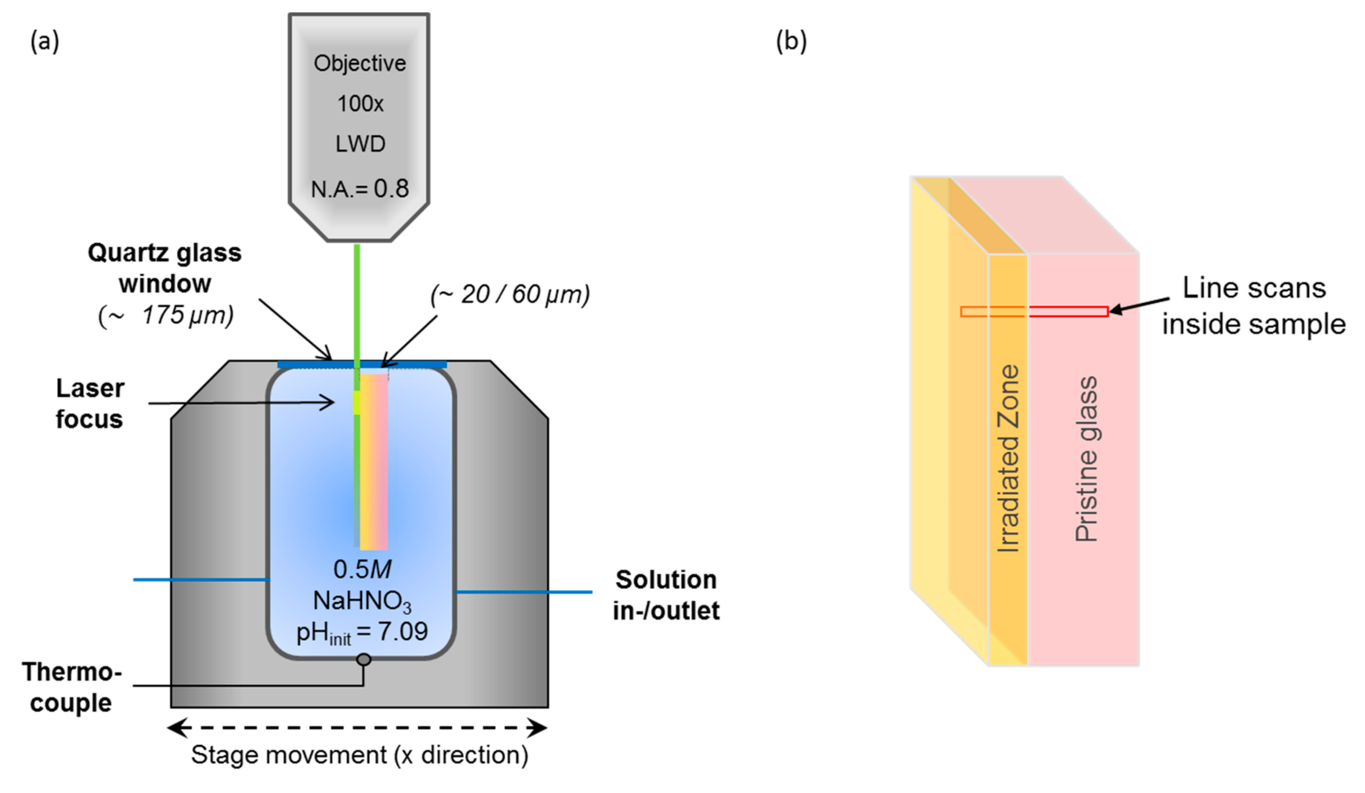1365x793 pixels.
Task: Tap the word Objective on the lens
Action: [x=360, y=63]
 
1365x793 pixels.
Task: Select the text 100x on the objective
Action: [x=360, y=104]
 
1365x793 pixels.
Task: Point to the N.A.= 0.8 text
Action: [x=360, y=189]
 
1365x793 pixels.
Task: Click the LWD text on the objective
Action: [x=360, y=144]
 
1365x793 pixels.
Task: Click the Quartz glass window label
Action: [x=165, y=268]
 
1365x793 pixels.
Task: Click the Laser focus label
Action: [x=90, y=404]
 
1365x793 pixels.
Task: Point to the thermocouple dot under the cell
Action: [x=363, y=660]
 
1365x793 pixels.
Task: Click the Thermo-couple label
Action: [x=72, y=687]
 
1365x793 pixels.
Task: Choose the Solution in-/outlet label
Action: [x=666, y=595]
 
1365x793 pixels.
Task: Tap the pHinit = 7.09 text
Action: [x=362, y=632]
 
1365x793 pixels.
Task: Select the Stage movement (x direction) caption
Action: [x=360, y=754]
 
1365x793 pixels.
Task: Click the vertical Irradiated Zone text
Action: [x=1008, y=459]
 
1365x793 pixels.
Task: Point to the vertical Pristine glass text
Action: [x=1086, y=459]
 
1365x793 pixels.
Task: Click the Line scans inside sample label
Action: [x=1254, y=306]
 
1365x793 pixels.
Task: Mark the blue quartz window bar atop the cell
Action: [x=362, y=365]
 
